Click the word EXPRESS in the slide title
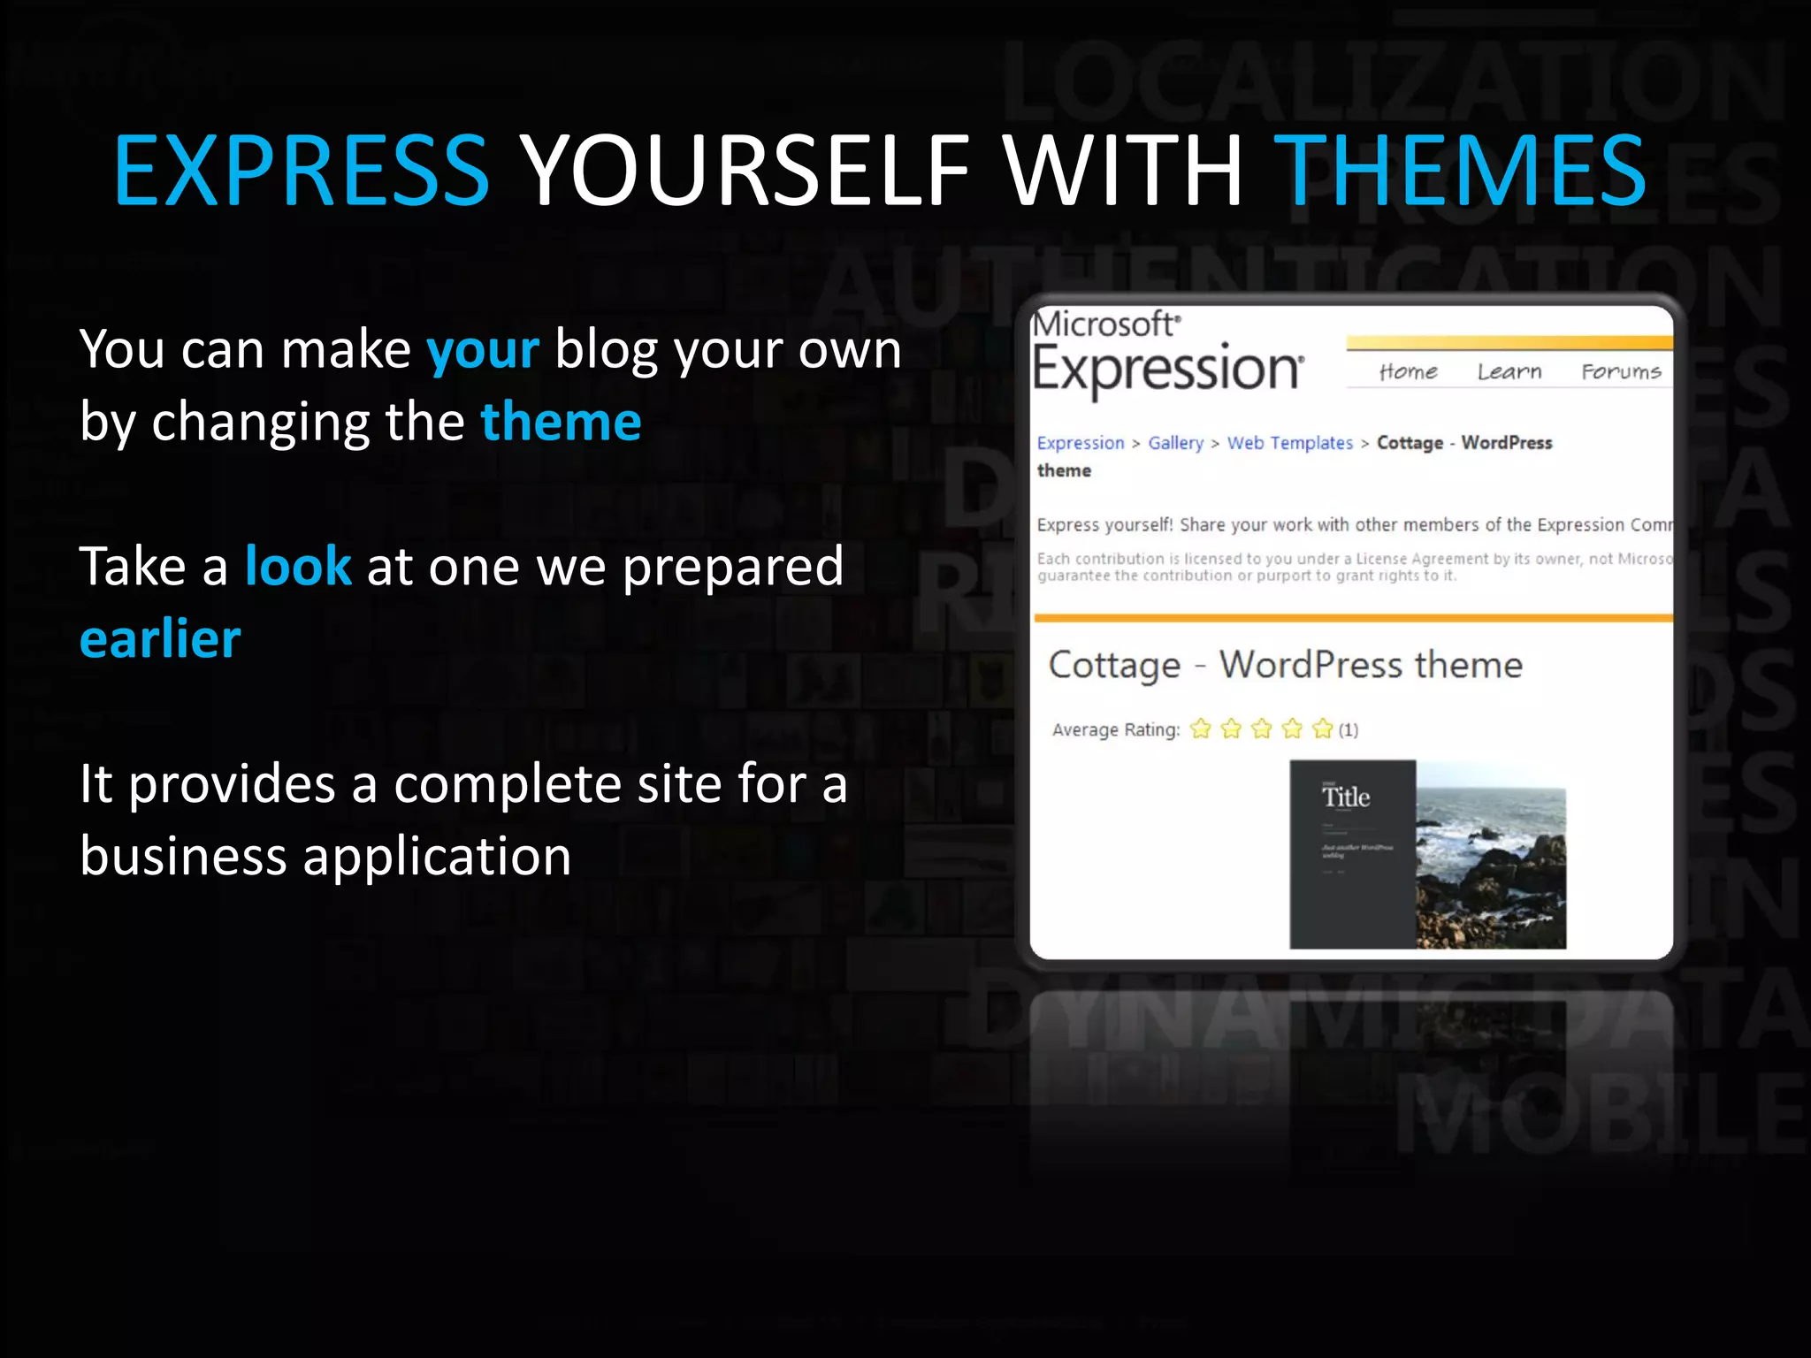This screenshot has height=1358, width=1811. (301, 170)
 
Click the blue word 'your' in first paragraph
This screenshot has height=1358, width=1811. (482, 350)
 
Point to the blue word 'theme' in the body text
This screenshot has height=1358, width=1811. (561, 422)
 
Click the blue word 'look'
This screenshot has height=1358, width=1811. (298, 567)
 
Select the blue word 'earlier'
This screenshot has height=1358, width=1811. (160, 639)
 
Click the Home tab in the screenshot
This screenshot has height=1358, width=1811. (1408, 371)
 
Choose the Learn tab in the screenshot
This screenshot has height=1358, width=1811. (1509, 371)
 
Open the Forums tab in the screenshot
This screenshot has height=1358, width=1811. (1620, 371)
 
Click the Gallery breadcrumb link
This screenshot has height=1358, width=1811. (1175, 443)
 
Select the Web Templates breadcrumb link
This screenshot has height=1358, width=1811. (1289, 443)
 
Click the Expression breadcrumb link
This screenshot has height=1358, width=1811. (1080, 443)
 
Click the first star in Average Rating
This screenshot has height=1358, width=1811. (1200, 729)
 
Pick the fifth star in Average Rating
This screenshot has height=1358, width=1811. (1322, 729)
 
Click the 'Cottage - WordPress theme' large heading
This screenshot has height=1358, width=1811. (1284, 665)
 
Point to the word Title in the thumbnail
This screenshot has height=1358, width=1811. (1346, 797)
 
